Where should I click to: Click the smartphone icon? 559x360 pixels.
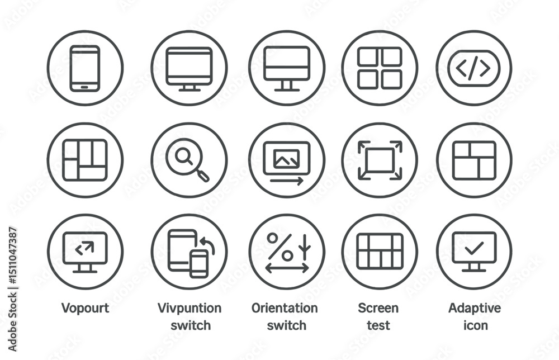point(85,68)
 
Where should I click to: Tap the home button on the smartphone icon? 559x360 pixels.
point(84,87)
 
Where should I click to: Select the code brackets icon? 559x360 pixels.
point(474,68)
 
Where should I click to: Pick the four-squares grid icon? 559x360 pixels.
point(380,68)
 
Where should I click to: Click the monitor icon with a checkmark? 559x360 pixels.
point(474,252)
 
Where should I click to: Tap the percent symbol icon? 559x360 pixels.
point(280,247)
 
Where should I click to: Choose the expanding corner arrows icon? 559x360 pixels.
point(380,160)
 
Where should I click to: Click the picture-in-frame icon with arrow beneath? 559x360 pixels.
point(287,163)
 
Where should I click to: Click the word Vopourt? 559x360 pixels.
point(85,308)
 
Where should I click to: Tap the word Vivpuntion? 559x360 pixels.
point(190,308)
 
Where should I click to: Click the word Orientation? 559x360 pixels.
point(285,308)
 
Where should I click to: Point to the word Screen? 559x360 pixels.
point(378,308)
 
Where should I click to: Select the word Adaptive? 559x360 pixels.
point(475,308)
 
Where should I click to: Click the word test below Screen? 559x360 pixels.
point(378,325)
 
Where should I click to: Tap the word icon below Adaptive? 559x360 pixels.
point(475,325)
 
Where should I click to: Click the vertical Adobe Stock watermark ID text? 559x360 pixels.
point(12,289)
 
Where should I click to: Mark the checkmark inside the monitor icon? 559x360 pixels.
point(474,248)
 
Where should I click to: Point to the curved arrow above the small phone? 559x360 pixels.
point(207,245)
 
